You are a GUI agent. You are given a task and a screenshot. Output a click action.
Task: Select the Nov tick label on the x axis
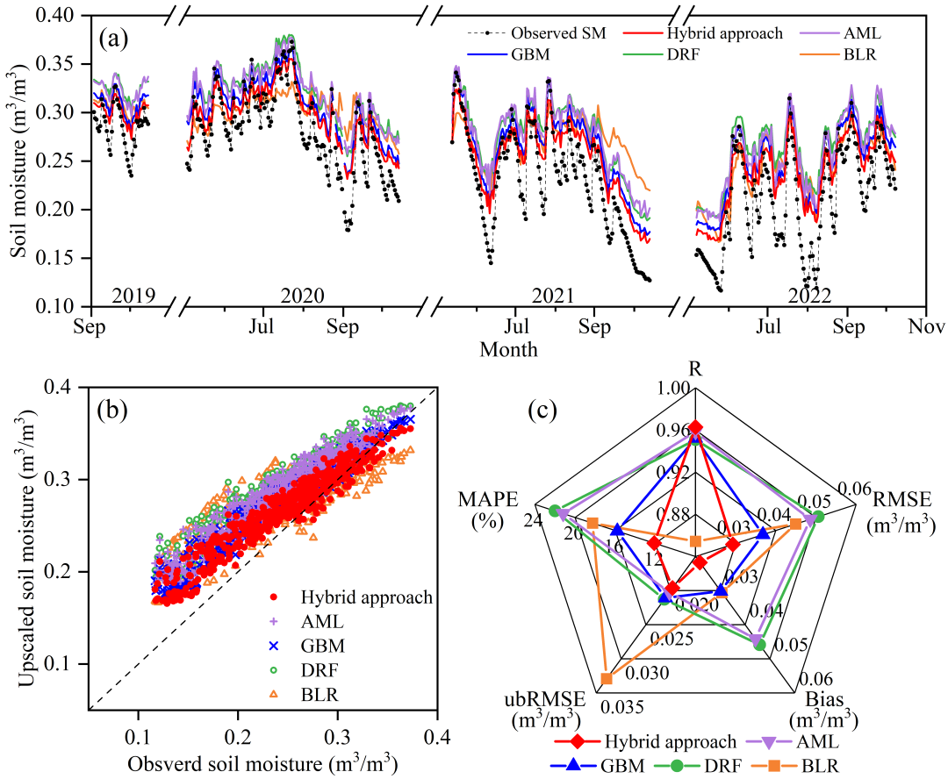(925, 327)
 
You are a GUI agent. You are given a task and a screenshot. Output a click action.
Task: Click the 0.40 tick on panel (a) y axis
(65, 16)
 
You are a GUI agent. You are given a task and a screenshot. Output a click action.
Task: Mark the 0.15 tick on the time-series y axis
(65, 258)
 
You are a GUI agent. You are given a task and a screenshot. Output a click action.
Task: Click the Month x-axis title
(508, 348)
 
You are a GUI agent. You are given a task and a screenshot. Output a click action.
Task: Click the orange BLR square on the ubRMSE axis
(606, 678)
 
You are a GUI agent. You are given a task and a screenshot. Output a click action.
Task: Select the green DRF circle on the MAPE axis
(554, 511)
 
